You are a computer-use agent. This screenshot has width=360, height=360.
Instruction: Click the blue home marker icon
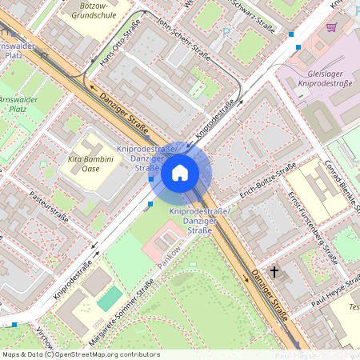click(180, 172)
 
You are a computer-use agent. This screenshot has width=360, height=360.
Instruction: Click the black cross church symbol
click(274, 272)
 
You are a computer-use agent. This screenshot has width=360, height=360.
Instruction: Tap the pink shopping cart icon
click(331, 26)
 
